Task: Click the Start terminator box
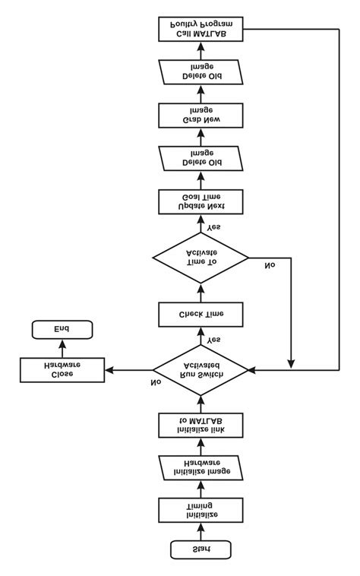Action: [201, 549]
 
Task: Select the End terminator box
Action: [62, 329]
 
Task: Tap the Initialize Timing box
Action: [201, 509]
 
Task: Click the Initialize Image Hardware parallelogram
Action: [201, 467]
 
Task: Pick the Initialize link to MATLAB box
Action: [201, 425]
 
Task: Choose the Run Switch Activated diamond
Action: [201, 370]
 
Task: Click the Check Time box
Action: [201, 314]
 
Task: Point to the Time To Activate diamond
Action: [201, 258]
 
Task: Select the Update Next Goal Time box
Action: [201, 201]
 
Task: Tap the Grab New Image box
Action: [201, 116]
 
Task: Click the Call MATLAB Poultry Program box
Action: [201, 30]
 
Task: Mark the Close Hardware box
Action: [62, 370]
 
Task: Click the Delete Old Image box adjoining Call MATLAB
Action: [201, 72]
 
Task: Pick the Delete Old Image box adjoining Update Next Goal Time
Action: [201, 158]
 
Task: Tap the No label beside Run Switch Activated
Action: [156, 381]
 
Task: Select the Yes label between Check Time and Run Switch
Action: [213, 339]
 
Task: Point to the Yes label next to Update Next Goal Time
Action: [214, 226]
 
